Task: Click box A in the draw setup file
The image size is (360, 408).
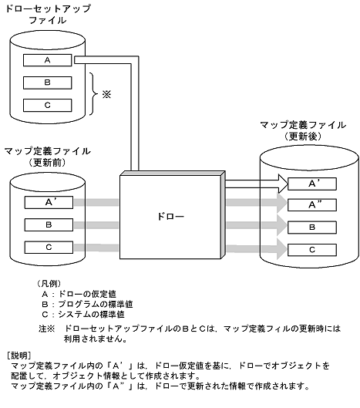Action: click(x=48, y=60)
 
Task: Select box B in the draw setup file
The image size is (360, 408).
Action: click(x=48, y=82)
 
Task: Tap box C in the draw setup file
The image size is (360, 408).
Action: click(x=48, y=103)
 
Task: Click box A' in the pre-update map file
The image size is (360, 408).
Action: click(x=48, y=204)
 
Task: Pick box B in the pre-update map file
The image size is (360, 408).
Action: click(x=48, y=225)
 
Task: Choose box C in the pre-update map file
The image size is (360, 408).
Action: click(x=48, y=247)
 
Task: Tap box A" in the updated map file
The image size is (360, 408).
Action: click(x=312, y=205)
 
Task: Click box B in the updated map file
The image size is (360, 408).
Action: click(x=312, y=228)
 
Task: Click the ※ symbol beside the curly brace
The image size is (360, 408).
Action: click(x=106, y=95)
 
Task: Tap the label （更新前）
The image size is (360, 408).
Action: click(x=48, y=163)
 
